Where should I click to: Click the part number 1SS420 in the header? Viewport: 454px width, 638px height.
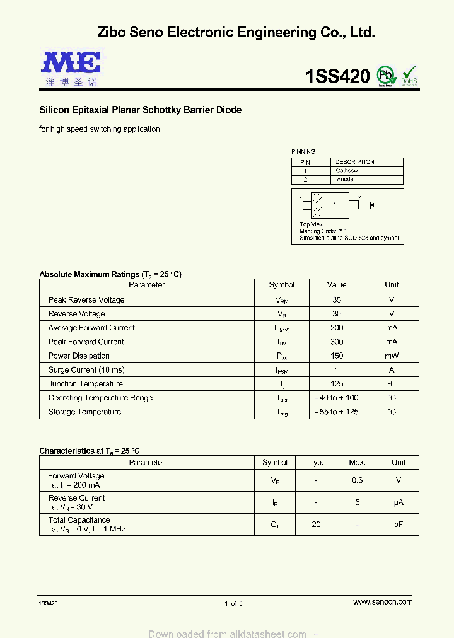(337, 77)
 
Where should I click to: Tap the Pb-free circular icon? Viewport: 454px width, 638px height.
(385, 76)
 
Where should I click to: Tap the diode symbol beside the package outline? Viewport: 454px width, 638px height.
(372, 205)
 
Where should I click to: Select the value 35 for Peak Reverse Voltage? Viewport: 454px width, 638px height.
(337, 300)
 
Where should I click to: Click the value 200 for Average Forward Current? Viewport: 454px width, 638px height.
(337, 328)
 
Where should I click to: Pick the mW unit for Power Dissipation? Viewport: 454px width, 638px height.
(392, 356)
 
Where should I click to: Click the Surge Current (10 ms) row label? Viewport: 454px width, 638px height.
(86, 370)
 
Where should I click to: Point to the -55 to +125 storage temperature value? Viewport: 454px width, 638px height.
(337, 412)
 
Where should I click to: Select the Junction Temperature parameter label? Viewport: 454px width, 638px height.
(86, 384)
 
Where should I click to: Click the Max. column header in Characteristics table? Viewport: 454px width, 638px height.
(357, 462)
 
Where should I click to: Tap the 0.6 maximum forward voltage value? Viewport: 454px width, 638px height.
(357, 480)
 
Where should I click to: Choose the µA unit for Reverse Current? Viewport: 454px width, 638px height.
(398, 502)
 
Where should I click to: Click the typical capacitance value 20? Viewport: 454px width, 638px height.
(316, 525)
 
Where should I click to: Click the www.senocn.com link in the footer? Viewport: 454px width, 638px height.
(383, 602)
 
